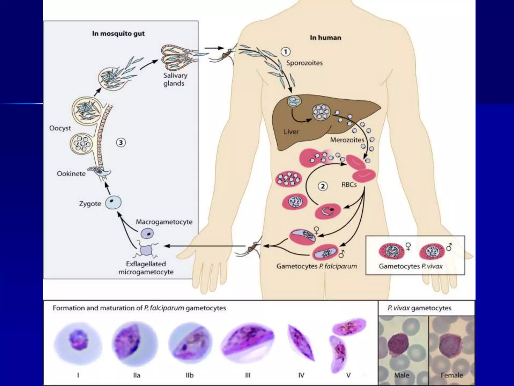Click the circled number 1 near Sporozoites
click(x=285, y=52)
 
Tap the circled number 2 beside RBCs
click(x=323, y=186)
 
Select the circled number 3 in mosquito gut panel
click(x=121, y=143)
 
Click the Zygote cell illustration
click(x=113, y=203)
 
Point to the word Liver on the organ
click(x=291, y=132)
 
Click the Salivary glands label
click(x=175, y=79)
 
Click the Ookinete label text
click(x=71, y=174)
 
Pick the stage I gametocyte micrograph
click(x=78, y=343)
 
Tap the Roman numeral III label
click(x=247, y=375)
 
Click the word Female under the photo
click(x=452, y=375)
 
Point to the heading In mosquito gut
click(x=118, y=34)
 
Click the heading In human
click(x=325, y=38)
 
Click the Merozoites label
click(x=347, y=140)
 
